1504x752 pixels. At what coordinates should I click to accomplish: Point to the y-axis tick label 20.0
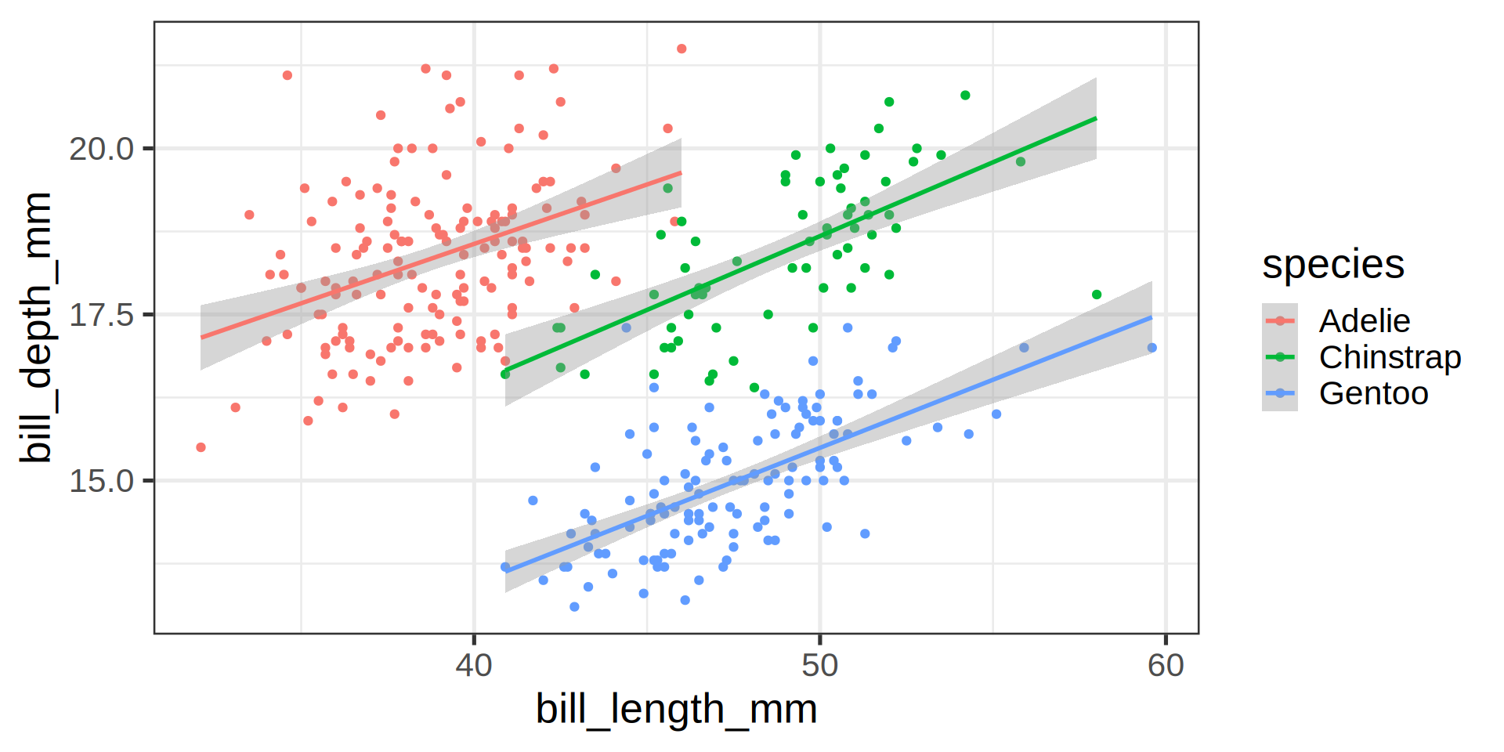click(102, 149)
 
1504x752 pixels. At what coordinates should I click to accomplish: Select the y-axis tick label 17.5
click(102, 315)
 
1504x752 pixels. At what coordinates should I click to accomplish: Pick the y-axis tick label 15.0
click(102, 481)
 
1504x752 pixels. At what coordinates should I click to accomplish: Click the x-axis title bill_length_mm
click(676, 710)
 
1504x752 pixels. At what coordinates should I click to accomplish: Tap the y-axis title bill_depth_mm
click(37, 327)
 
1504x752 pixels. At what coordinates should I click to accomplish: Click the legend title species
click(1333, 265)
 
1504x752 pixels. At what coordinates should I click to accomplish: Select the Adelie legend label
click(1365, 321)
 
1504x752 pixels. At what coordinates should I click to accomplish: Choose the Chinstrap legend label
click(1390, 357)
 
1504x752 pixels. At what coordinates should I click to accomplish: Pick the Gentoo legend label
click(1373, 393)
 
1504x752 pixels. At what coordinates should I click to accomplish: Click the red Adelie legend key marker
click(1280, 321)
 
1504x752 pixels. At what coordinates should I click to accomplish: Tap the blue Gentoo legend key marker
click(1280, 393)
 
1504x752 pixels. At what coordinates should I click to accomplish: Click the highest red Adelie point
click(681, 49)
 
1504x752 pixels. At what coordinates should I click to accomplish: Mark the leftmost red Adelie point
click(201, 447)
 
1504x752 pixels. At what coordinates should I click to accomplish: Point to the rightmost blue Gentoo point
click(1151, 348)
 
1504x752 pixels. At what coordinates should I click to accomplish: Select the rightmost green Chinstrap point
click(1097, 295)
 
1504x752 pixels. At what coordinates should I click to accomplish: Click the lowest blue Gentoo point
click(574, 607)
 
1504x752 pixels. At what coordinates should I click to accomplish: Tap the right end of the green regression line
click(1096, 118)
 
